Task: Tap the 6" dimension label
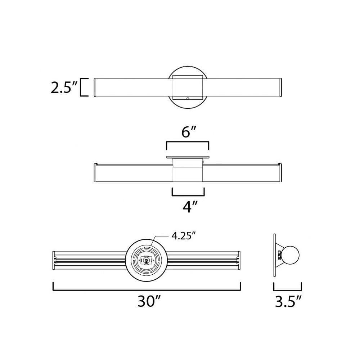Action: [x=189, y=132]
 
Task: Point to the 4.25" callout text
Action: [x=184, y=235]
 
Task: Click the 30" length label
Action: [x=148, y=301]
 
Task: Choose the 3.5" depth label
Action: [x=288, y=301]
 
